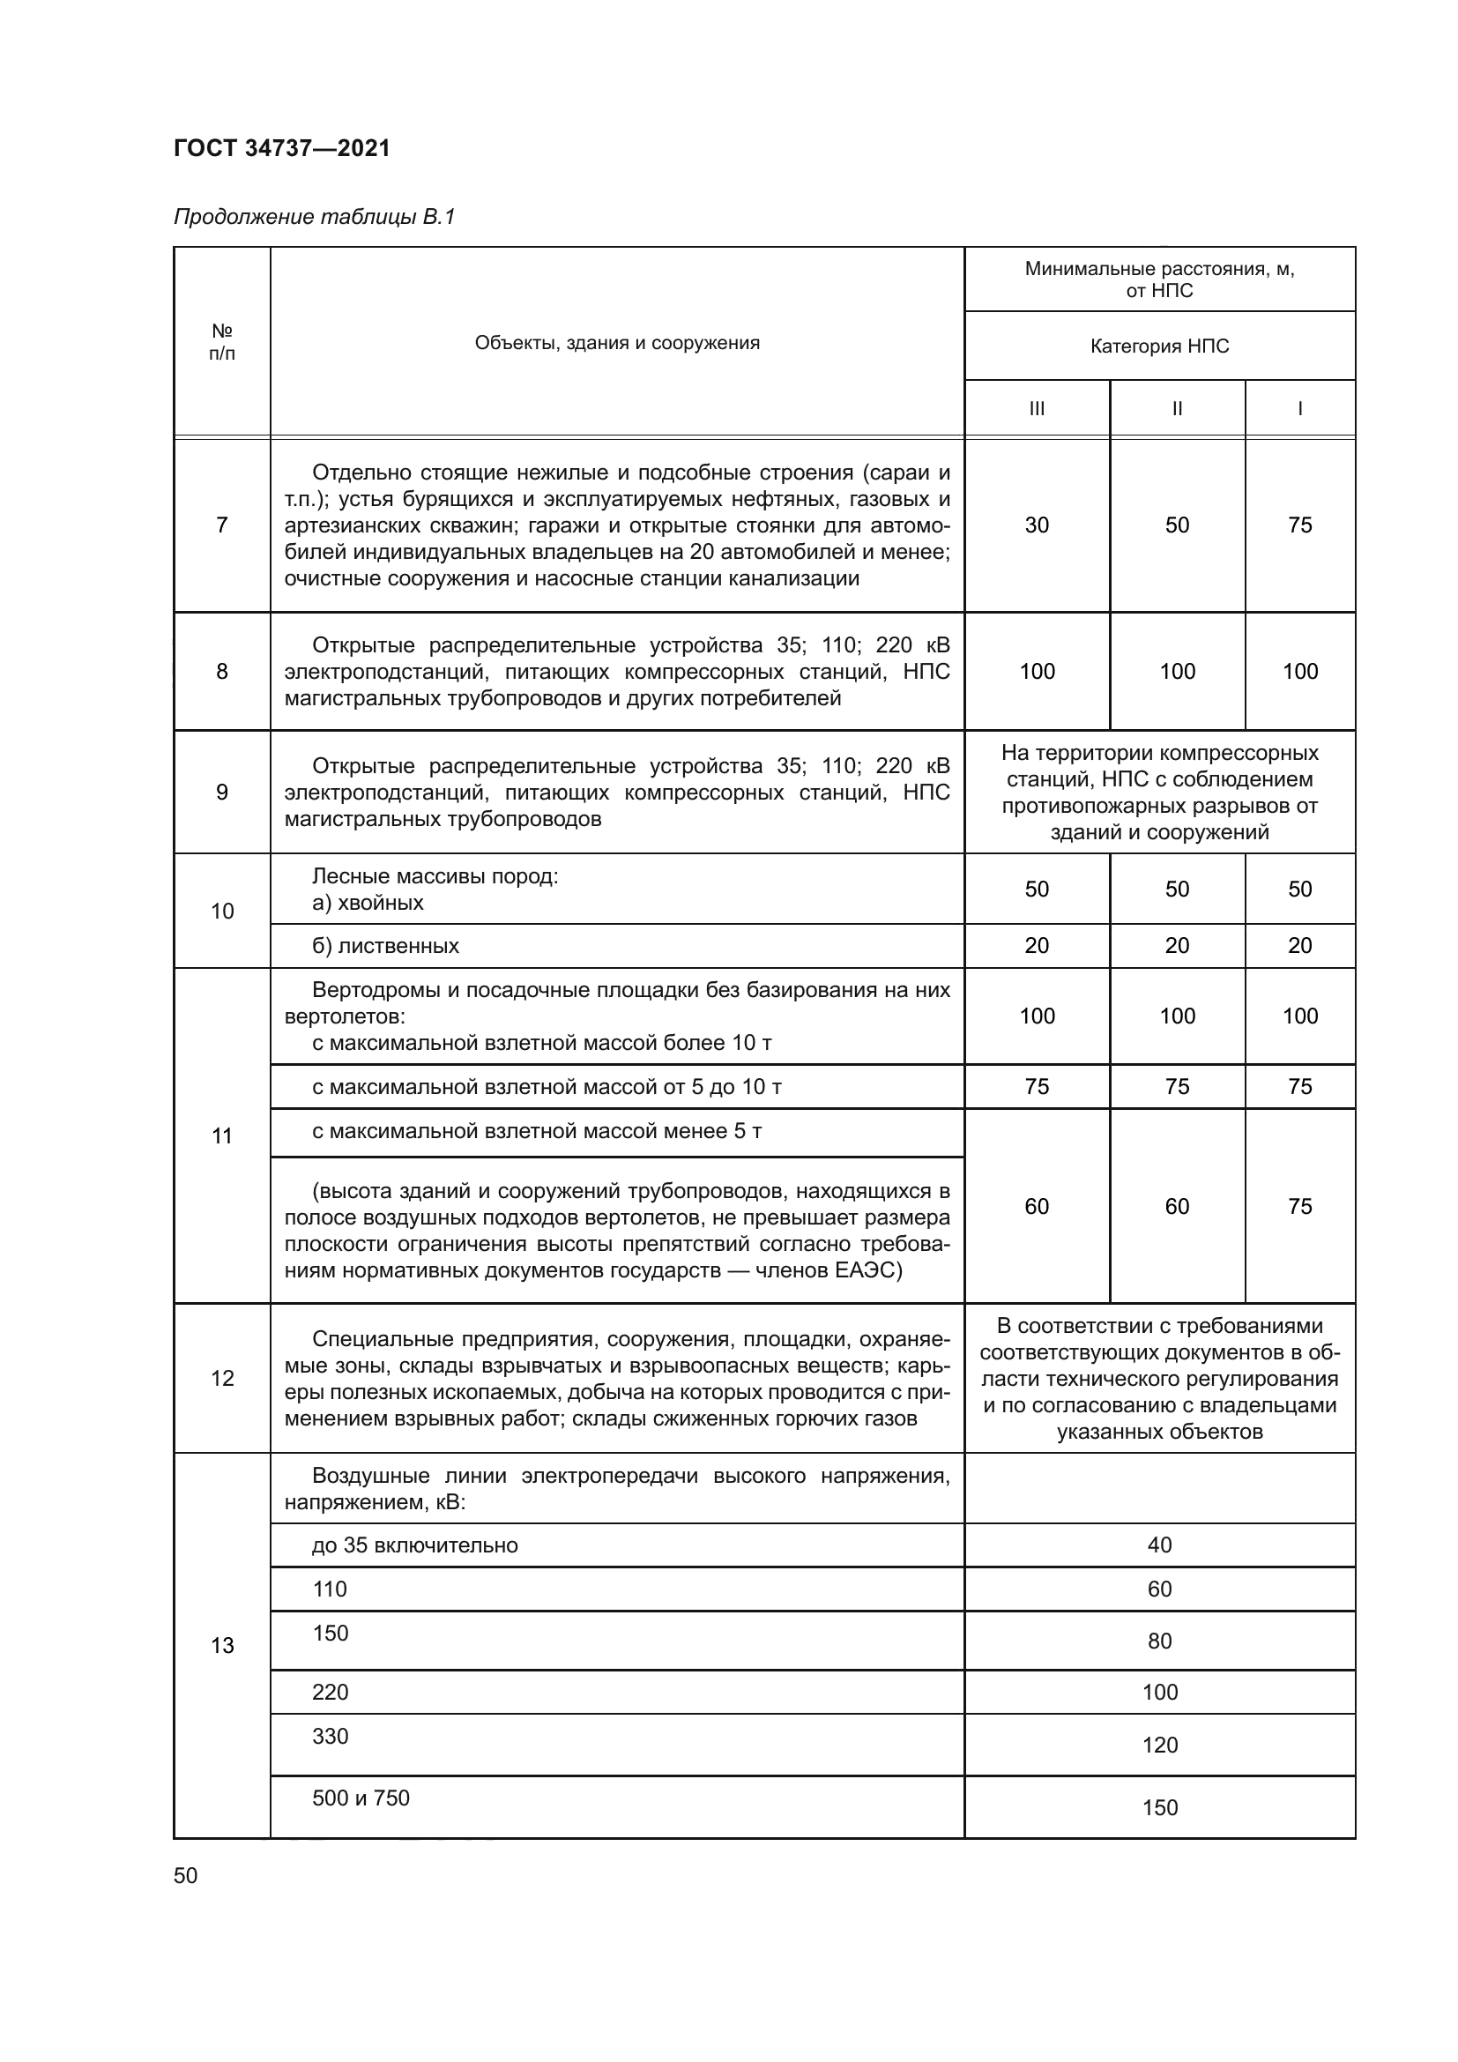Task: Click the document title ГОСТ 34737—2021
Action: (x=282, y=148)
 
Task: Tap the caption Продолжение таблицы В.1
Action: (x=314, y=217)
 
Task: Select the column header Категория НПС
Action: (x=1159, y=346)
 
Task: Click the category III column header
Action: (x=1037, y=409)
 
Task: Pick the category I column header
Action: (x=1299, y=409)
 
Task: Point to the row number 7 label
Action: (x=222, y=525)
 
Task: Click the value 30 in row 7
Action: (x=1037, y=525)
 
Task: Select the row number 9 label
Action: (x=222, y=793)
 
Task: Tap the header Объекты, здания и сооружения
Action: (x=617, y=343)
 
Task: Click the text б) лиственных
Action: (x=385, y=946)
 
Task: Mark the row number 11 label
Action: (x=222, y=1136)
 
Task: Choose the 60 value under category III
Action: (x=1037, y=1206)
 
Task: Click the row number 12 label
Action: (x=222, y=1379)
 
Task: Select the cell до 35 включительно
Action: (x=415, y=1545)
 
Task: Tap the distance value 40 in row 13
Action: (x=1159, y=1545)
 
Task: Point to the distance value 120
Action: (x=1159, y=1745)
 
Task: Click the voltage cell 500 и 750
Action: (x=361, y=1798)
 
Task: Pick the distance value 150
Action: (x=1159, y=1808)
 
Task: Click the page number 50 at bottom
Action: (x=186, y=1875)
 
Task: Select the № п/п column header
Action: (x=222, y=342)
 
